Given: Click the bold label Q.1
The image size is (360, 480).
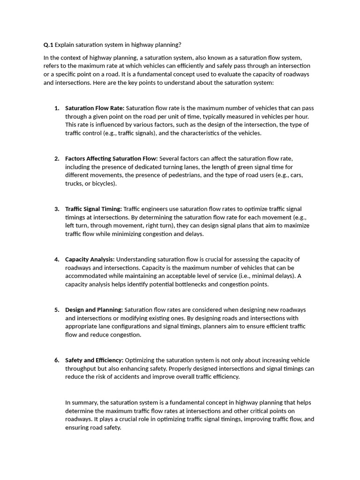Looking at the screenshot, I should [x=48, y=45].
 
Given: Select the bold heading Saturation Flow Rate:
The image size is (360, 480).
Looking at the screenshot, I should [x=95, y=108].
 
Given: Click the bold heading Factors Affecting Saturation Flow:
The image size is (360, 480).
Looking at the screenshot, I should [x=112, y=158].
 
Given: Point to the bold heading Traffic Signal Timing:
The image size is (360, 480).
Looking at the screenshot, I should [x=93, y=209].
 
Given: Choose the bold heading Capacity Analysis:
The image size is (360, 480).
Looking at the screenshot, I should [x=90, y=259].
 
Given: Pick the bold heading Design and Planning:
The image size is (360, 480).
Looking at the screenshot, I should [x=94, y=310].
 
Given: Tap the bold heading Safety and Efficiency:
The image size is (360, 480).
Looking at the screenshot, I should [x=94, y=360].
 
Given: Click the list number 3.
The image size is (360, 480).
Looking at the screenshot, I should [x=57, y=209].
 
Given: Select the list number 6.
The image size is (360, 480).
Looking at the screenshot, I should [x=57, y=360].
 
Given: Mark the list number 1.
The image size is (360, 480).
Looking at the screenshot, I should [x=57, y=108].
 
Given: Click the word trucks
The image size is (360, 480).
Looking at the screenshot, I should [x=74, y=184].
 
